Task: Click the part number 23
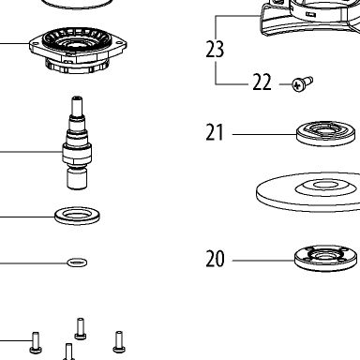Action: point(215,50)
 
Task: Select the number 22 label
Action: point(262,82)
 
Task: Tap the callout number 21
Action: point(215,132)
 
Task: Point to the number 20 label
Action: point(215,259)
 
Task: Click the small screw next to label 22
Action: point(302,83)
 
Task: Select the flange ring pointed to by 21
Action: point(326,134)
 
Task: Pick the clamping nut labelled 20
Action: point(325,258)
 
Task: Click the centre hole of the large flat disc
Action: point(325,185)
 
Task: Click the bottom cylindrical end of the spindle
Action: point(77,178)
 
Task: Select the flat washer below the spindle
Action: point(77,216)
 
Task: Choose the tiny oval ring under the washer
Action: point(77,262)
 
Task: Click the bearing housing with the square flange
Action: point(78,50)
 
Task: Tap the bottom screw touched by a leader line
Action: point(36,343)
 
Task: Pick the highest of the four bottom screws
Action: point(81,329)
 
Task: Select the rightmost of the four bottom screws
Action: point(119,342)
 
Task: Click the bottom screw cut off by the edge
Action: point(69,352)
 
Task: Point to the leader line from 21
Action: point(264,135)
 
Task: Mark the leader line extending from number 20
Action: point(263,261)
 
